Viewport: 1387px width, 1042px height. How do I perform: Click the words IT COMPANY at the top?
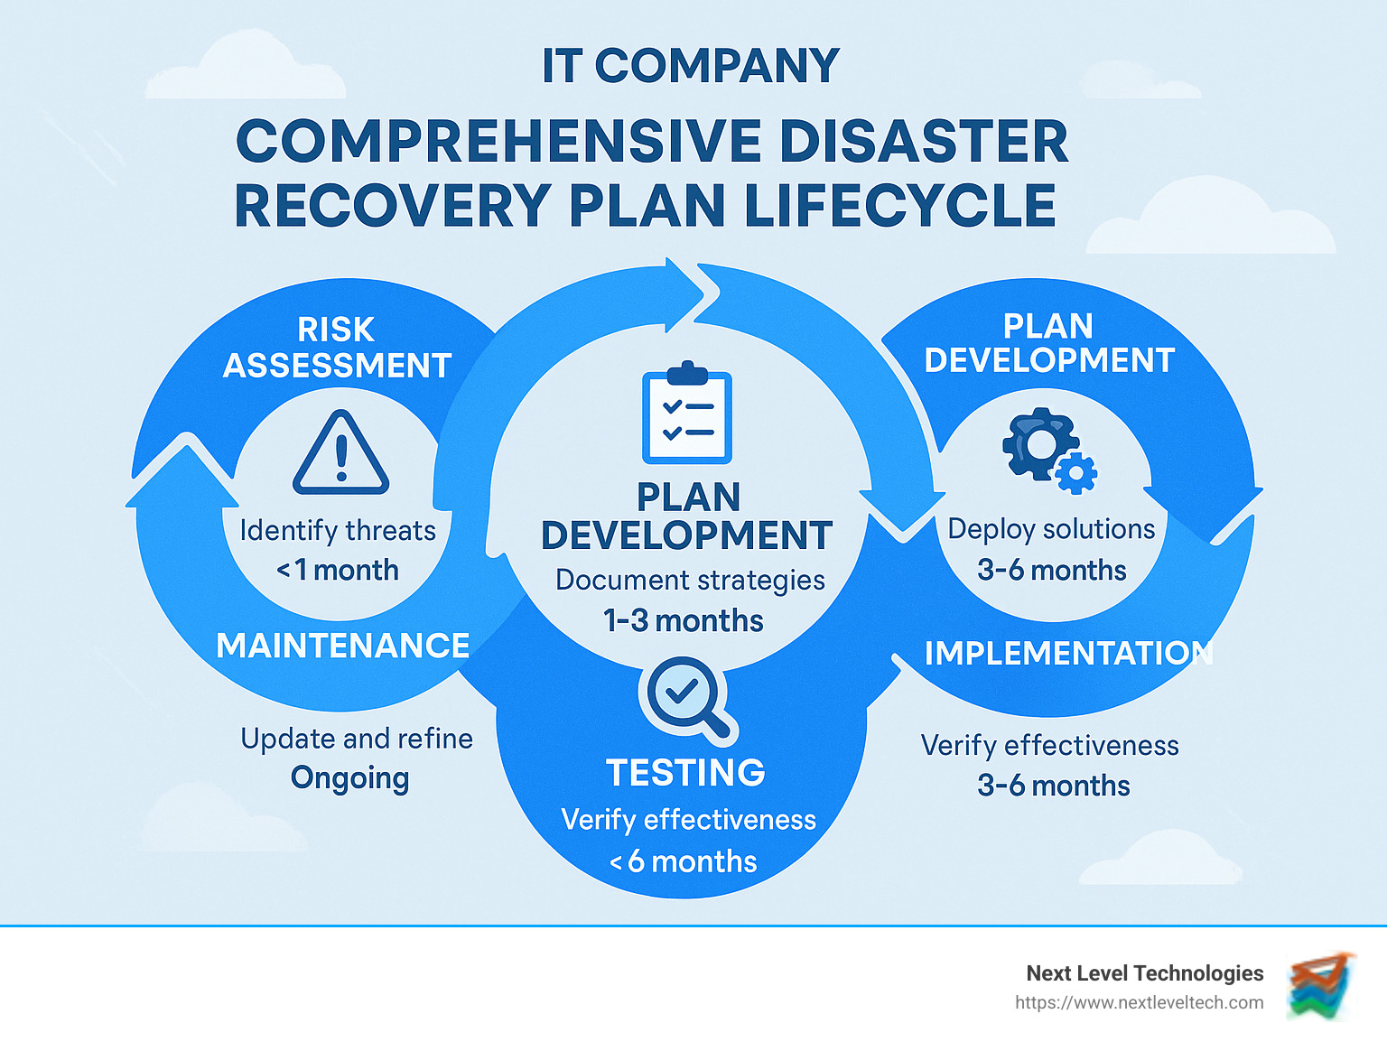(x=691, y=66)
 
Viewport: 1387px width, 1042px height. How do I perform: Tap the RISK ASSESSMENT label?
(x=337, y=348)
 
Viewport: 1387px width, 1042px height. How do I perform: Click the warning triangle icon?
(x=340, y=453)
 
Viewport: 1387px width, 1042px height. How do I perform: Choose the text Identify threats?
(x=338, y=530)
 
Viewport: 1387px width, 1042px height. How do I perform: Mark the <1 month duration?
(x=338, y=570)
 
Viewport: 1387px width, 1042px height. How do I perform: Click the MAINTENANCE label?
(x=343, y=646)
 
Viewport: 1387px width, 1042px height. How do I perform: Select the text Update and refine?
(x=357, y=739)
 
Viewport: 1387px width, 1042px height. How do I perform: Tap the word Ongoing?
(x=350, y=778)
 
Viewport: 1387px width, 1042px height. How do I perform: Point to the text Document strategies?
(x=690, y=580)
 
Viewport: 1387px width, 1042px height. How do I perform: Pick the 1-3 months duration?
(x=684, y=620)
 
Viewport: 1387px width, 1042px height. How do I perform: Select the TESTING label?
(x=685, y=773)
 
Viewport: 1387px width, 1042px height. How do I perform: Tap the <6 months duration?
(x=684, y=861)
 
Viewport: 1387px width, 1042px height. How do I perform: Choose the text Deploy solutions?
(x=1051, y=529)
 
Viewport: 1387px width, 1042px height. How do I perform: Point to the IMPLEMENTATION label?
(x=1068, y=653)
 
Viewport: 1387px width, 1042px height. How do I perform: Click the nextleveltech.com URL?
(x=1139, y=1002)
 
